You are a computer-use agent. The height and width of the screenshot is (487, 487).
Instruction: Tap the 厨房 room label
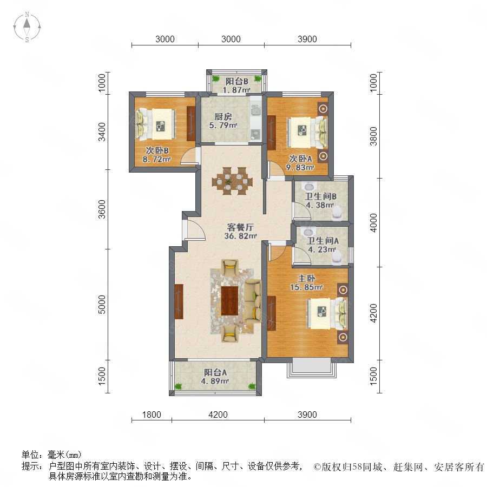coord(223,117)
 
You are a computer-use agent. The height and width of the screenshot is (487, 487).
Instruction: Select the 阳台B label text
coord(236,81)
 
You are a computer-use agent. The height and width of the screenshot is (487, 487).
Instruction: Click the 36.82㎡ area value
coord(240,236)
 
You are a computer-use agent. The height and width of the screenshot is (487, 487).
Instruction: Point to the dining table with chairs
coord(232,181)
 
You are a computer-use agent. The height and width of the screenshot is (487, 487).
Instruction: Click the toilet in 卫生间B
coord(337,214)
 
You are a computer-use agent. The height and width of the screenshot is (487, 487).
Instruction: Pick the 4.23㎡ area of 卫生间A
coord(322,249)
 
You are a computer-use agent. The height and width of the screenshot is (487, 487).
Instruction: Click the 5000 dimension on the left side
coord(102,304)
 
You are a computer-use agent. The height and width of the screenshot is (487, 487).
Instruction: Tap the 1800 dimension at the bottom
coord(152,414)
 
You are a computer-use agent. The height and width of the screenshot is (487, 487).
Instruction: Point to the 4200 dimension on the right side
coord(373,313)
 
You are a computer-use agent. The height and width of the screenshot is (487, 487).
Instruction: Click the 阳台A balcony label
coord(215,372)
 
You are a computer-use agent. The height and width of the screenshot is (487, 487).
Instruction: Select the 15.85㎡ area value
coord(307,287)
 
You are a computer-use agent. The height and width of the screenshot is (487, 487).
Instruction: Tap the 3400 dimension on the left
coord(102,131)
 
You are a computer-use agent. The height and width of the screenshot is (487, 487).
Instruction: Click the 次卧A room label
coord(300,159)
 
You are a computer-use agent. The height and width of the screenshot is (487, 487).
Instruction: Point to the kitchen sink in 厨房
coord(256,109)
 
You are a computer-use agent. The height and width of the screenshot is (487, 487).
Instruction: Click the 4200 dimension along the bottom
coord(218,414)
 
